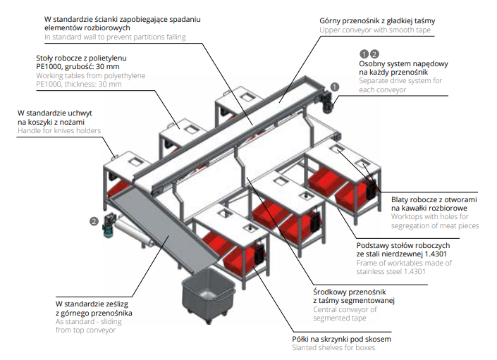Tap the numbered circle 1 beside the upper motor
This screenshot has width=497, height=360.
pyautogui.click(x=334, y=86)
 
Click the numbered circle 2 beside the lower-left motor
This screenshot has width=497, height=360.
pyautogui.click(x=93, y=221)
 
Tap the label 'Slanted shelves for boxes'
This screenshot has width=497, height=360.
pyautogui.click(x=336, y=348)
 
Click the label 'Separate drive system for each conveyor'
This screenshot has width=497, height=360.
pyautogui.click(x=400, y=85)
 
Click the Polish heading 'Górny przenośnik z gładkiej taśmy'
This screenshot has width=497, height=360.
pyautogui.click(x=377, y=21)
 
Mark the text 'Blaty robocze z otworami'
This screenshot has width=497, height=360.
pyautogui.click(x=434, y=199)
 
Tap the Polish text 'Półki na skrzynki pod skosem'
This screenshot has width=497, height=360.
pyautogui.click(x=342, y=339)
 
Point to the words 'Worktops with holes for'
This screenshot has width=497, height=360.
pyautogui.click(x=434, y=217)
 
